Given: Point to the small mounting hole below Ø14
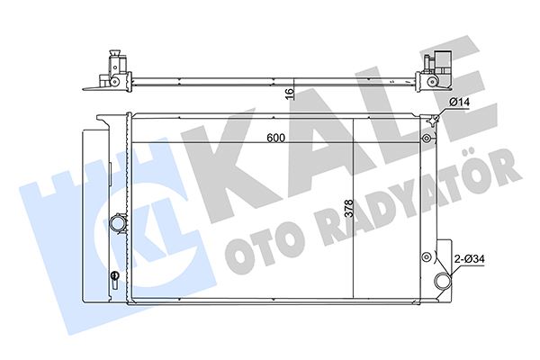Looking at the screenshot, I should click(425, 139).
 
